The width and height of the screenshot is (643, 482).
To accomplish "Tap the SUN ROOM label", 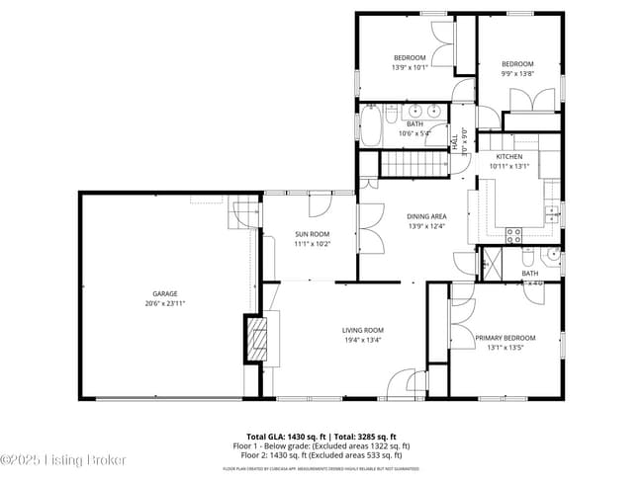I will coord(312,234).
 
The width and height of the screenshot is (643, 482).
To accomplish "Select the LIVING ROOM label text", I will coord(363,331).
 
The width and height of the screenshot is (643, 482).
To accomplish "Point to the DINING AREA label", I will coord(427,216).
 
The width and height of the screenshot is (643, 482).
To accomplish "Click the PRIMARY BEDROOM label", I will coord(505,338).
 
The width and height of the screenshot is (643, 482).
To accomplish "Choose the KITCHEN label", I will coord(509,157).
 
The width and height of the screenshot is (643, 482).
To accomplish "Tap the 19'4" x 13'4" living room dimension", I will coord(363,341).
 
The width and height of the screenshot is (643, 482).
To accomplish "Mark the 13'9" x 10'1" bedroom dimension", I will coord(409,68).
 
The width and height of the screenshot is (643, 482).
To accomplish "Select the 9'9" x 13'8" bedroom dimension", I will coord(516,74).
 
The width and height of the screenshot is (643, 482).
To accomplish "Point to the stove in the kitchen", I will coord(514,235).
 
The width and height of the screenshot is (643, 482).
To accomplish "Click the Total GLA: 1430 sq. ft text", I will coord(286,437).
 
